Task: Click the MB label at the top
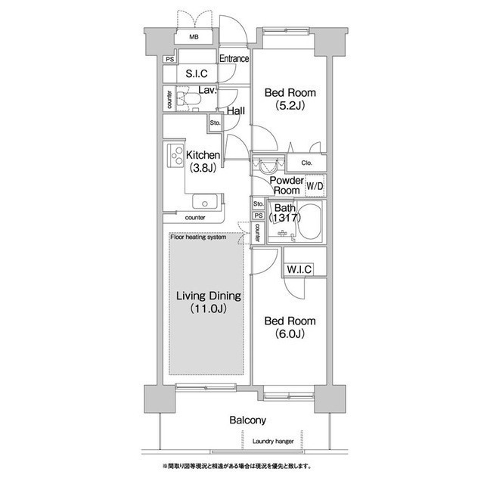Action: pyautogui.click(x=194, y=37)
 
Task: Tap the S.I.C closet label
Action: pyautogui.click(x=197, y=73)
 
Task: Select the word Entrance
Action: pyautogui.click(x=234, y=58)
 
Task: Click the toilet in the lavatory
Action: pyautogui.click(x=188, y=99)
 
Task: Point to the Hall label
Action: pyautogui.click(x=236, y=111)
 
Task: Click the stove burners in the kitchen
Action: pyautogui.click(x=175, y=156)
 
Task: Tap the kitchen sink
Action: pyautogui.click(x=205, y=201)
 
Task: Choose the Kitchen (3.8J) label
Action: pyautogui.click(x=203, y=161)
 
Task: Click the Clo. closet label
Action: pyautogui.click(x=306, y=163)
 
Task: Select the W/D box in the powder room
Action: pyautogui.click(x=315, y=186)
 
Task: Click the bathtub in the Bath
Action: pyautogui.click(x=309, y=222)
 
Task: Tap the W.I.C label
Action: pyautogui.click(x=299, y=269)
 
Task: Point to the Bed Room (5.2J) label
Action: pyautogui.click(x=290, y=99)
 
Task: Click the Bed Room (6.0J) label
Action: pyautogui.click(x=290, y=327)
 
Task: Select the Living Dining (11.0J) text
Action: pyautogui.click(x=209, y=302)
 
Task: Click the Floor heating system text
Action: pyautogui.click(x=198, y=237)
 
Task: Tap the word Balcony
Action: pyautogui.click(x=247, y=420)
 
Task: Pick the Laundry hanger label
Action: pyautogui.click(x=273, y=442)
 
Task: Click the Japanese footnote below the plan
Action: pyautogui.click(x=237, y=466)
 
